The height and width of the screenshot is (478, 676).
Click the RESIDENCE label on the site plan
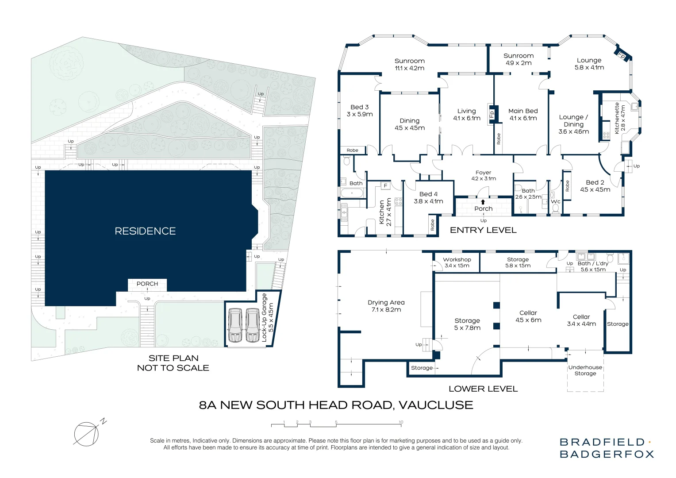145,231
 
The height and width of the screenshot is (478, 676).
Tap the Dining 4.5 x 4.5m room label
410,124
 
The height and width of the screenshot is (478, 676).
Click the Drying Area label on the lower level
386,306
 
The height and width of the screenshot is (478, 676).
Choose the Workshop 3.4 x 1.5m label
457,262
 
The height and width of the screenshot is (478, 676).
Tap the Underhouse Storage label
585,370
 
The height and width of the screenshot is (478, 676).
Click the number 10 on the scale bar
401,422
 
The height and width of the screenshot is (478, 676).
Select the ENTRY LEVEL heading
483,230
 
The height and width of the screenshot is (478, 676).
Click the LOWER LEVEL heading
483,389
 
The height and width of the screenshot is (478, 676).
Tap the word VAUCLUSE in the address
436,405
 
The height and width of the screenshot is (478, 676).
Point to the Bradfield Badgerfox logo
607,448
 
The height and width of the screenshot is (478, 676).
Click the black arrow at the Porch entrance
483,202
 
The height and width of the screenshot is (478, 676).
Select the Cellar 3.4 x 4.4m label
581,320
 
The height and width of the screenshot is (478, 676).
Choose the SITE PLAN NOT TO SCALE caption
173,363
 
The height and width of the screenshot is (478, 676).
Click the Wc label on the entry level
555,202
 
